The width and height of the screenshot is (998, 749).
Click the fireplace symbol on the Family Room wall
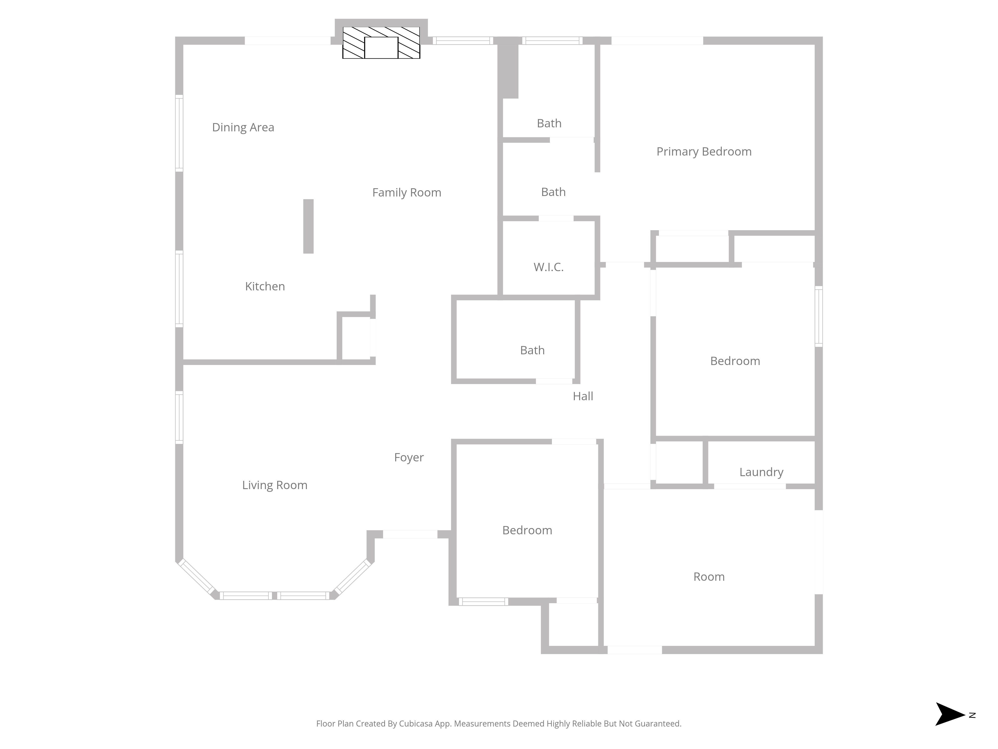[381, 42]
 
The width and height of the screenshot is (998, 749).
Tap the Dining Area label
[243, 127]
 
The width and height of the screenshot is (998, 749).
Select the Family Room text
[406, 193]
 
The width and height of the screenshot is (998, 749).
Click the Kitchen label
[265, 286]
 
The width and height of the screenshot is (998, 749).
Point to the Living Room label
[275, 485]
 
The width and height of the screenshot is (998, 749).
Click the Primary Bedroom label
[704, 152]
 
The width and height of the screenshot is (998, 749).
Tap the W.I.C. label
[549, 267]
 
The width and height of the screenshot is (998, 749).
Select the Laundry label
[761, 472]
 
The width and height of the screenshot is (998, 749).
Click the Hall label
[583, 396]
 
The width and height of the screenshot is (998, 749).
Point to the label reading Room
[709, 577]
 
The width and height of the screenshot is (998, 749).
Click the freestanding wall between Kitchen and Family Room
[308, 226]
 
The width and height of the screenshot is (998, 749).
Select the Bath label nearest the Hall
[532, 350]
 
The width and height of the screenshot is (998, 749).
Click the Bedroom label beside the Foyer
[527, 531]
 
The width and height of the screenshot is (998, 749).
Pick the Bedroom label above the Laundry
[735, 361]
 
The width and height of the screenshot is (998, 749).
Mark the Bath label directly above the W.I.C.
[553, 192]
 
